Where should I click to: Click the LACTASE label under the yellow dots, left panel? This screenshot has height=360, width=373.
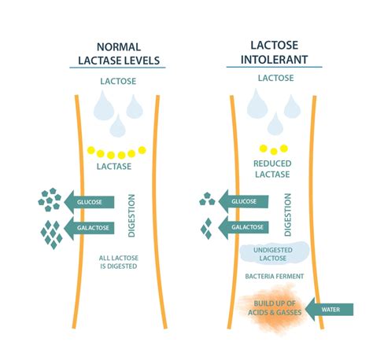tap(114, 167)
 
